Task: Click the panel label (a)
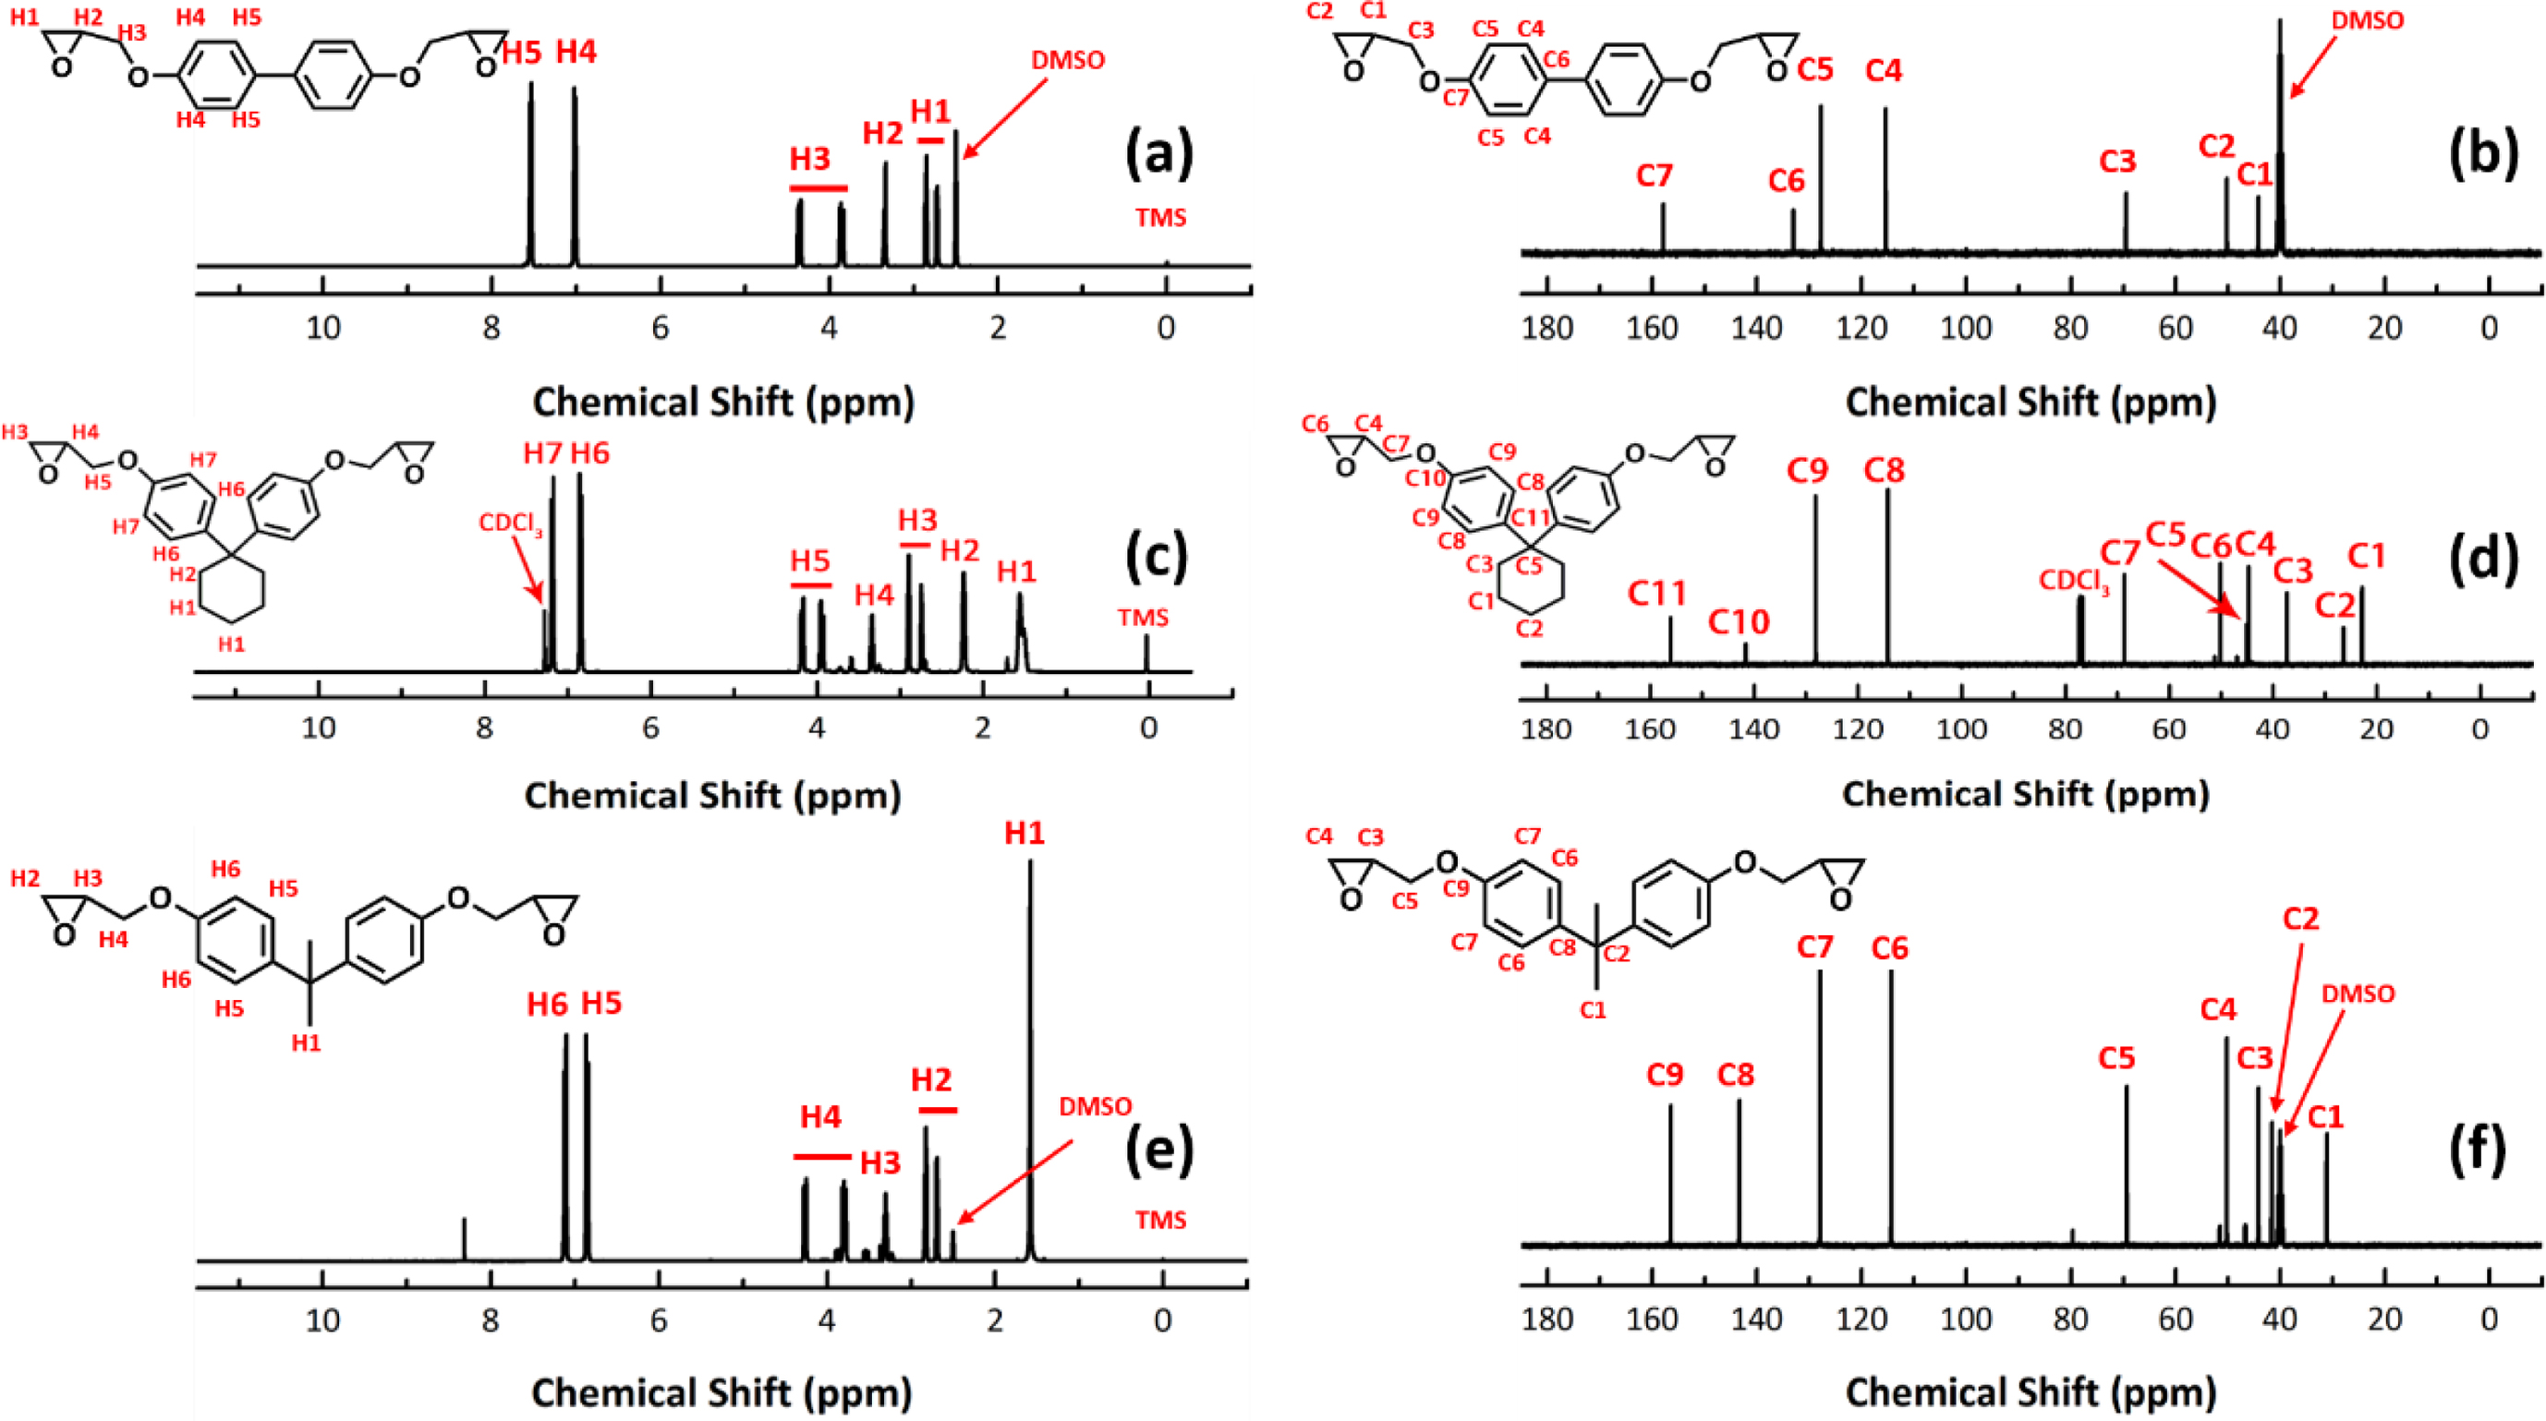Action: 1159,155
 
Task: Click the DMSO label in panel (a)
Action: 1067,60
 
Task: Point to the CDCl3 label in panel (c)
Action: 510,523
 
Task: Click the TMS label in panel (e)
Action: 1160,1220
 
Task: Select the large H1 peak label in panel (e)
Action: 1024,834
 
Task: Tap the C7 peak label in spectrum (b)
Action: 1654,176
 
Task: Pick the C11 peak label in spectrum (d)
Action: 1657,594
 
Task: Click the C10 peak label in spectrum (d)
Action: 1740,622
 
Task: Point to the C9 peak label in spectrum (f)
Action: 1666,1074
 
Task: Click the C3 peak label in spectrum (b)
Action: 2117,161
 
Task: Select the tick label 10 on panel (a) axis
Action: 323,327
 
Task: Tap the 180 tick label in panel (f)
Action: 1546,1319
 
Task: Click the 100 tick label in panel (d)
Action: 1961,729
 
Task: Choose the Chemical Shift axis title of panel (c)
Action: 712,796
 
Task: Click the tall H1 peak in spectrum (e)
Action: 1030,1038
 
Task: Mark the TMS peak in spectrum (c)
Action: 1146,652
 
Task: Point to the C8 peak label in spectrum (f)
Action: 1737,1074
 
